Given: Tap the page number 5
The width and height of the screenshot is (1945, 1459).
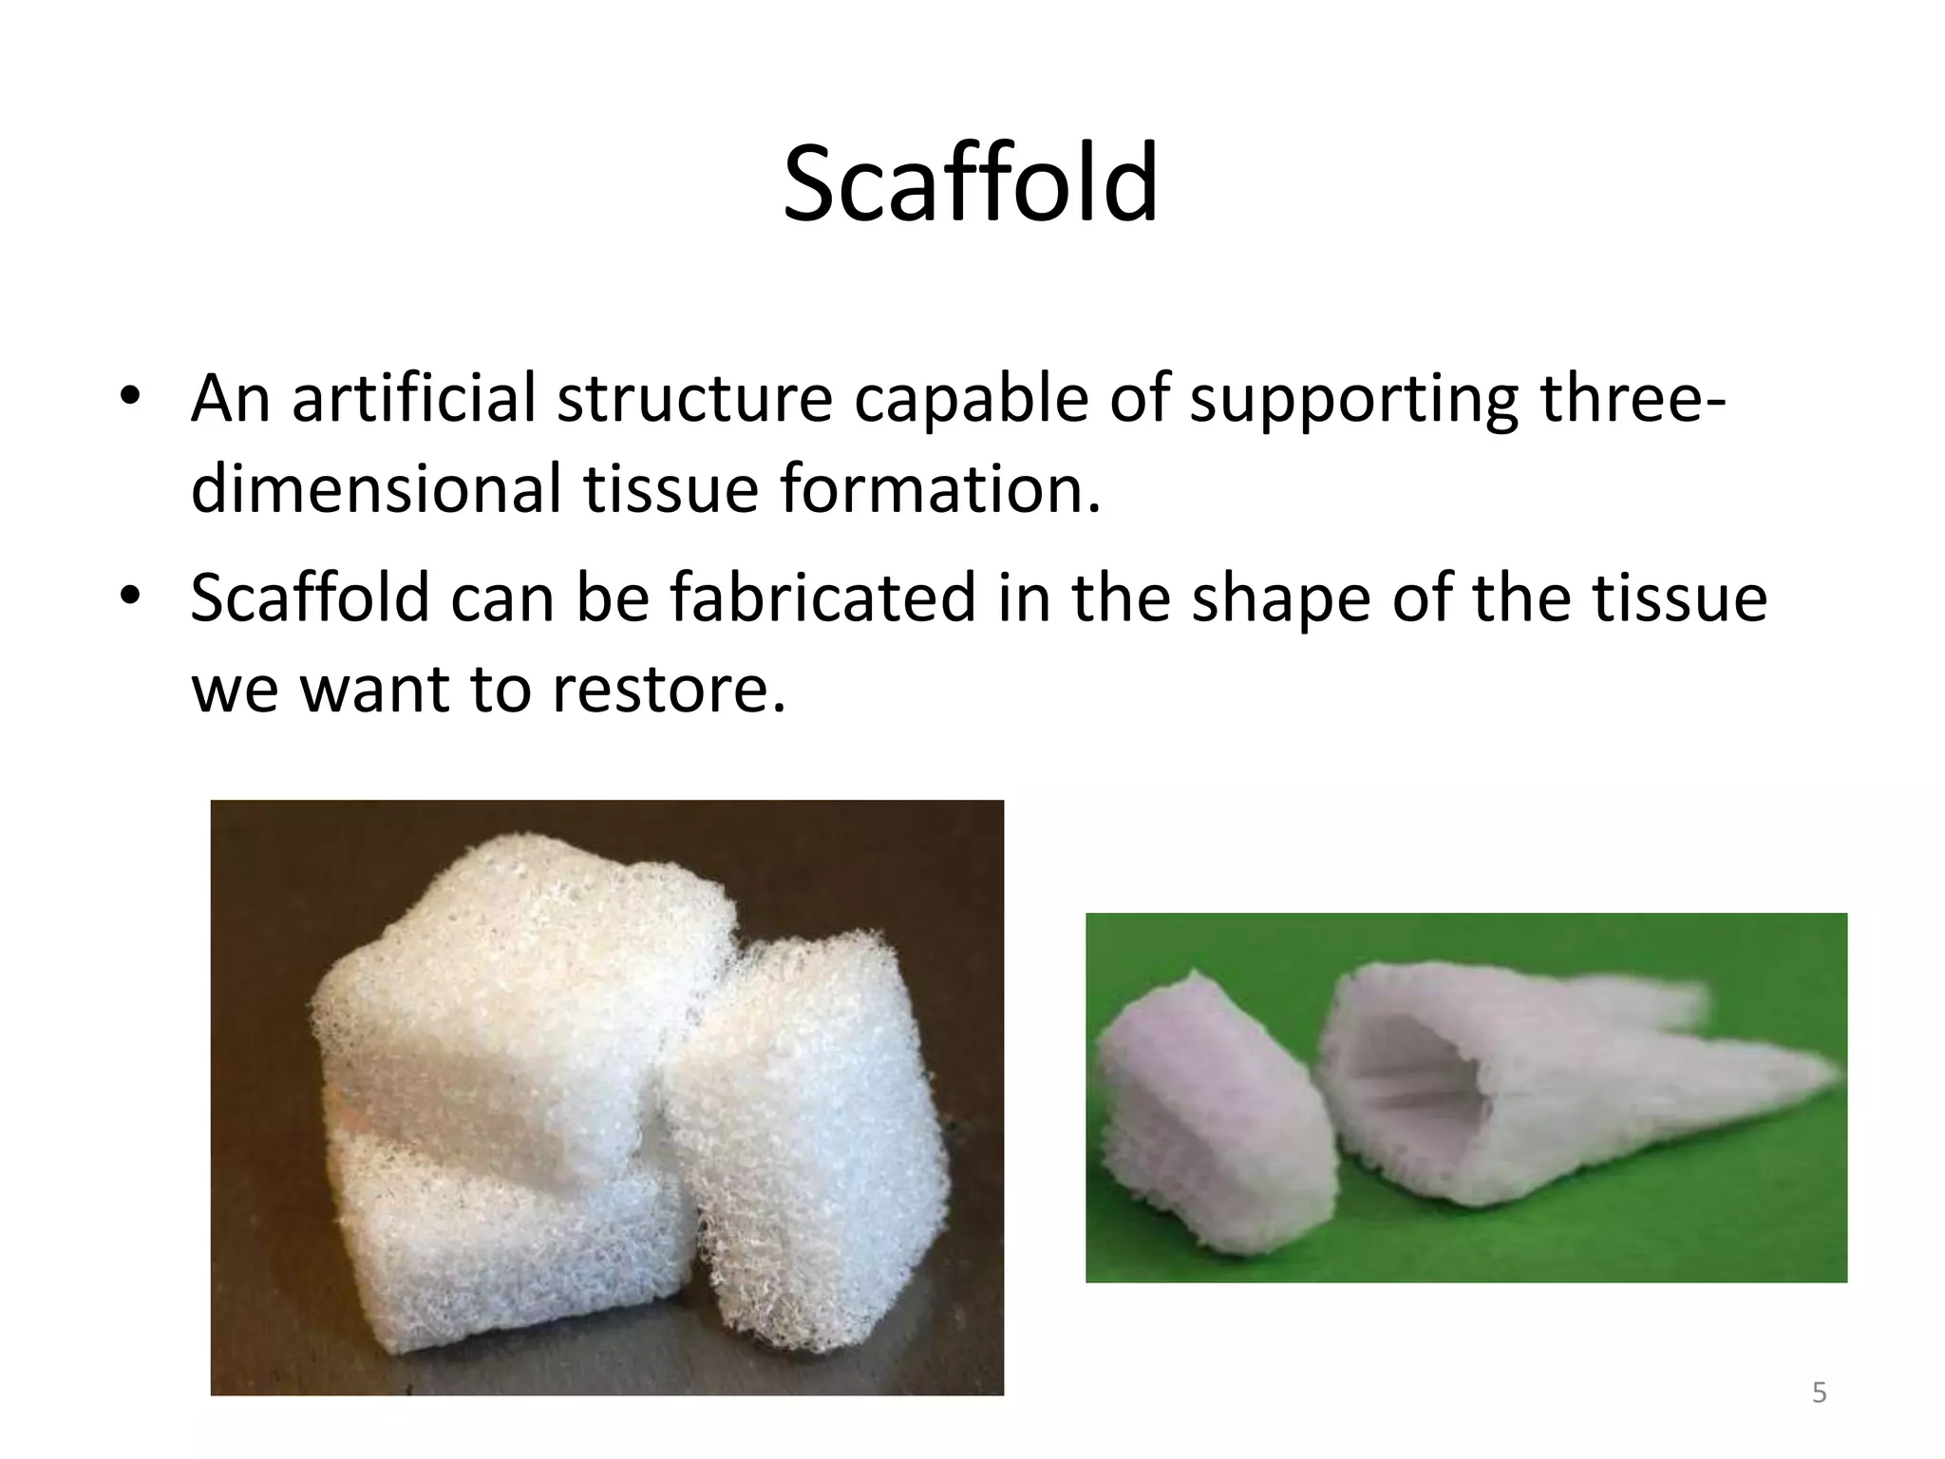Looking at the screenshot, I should coord(1819,1393).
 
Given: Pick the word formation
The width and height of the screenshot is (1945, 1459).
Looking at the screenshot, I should coord(940,490).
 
